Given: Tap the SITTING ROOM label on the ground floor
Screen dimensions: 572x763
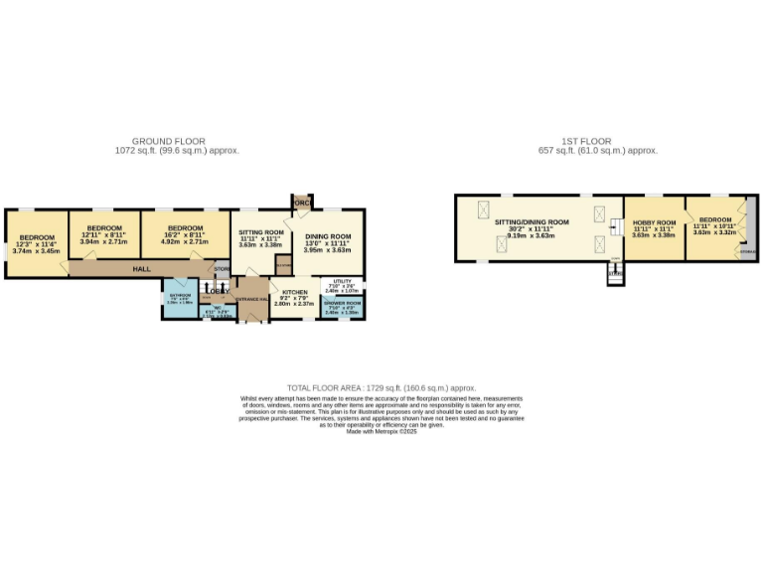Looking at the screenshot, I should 261,232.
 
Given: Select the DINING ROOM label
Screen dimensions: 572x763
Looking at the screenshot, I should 328,236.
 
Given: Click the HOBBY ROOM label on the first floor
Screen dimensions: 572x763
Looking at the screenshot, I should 654,223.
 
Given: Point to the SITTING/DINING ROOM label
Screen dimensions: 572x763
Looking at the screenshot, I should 532,222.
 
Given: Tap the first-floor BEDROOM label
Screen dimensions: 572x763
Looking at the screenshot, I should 714,219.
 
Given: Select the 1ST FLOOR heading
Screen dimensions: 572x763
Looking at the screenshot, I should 592,141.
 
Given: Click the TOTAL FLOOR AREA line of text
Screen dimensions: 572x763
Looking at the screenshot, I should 381,387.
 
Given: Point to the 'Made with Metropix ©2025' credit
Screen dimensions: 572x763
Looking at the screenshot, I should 381,431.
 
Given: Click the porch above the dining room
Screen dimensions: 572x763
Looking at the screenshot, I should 302,203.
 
